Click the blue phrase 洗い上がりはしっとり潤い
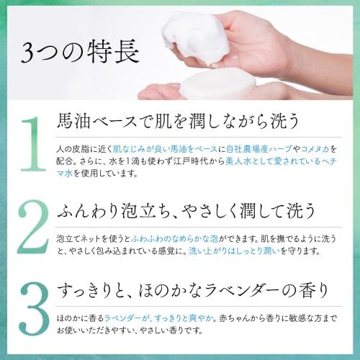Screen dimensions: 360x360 [x=224, y=251]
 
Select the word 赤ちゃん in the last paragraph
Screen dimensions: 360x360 [x=208, y=318]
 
